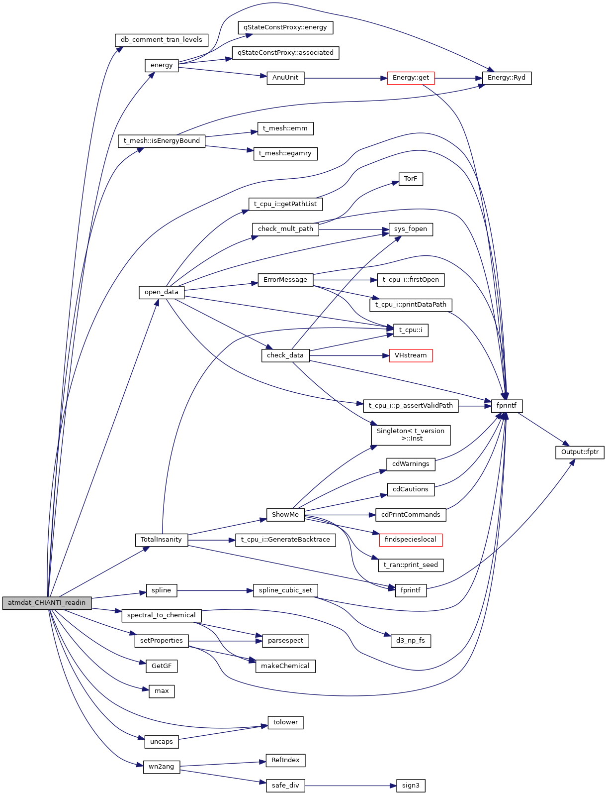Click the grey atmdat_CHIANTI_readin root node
pyautogui.click(x=47, y=603)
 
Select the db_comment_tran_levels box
pyautogui.click(x=162, y=40)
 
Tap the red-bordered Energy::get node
pyautogui.click(x=411, y=78)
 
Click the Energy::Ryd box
pyautogui.click(x=507, y=78)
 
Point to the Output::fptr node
pyautogui.click(x=579, y=452)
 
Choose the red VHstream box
pyautogui.click(x=411, y=355)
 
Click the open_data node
pyautogui.click(x=162, y=292)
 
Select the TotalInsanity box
pyautogui.click(x=162, y=540)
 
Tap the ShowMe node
pyautogui.click(x=285, y=515)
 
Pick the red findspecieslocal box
pyautogui.click(x=411, y=540)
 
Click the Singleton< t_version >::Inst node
pyautogui.click(x=411, y=435)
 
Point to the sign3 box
pyautogui.click(x=411, y=786)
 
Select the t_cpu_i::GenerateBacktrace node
pyautogui.click(x=285, y=540)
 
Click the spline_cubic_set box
pyautogui.click(x=285, y=590)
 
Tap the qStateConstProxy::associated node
pyautogui.click(x=285, y=53)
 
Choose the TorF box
pyautogui.click(x=411, y=179)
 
